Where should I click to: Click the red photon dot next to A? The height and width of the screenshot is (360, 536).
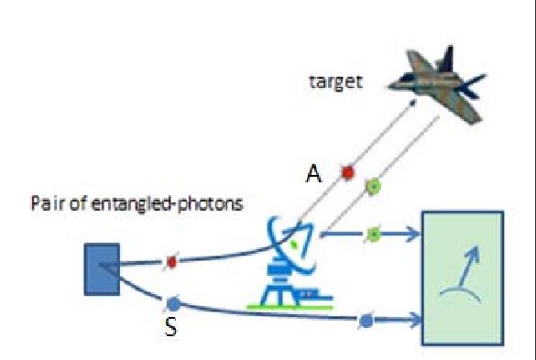point(347,171)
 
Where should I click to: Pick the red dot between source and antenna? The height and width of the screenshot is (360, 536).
point(170,263)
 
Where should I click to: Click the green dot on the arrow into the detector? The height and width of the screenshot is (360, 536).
point(373,235)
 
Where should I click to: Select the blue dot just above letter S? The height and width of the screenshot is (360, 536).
point(174,301)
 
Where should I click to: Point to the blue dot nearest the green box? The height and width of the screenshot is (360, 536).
point(366,320)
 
